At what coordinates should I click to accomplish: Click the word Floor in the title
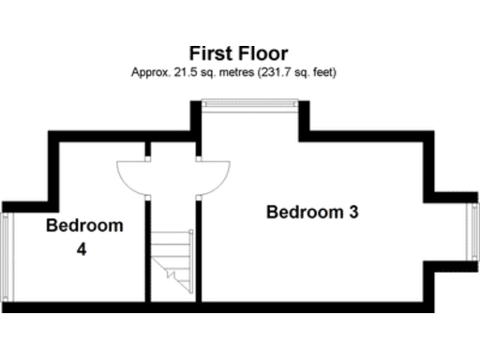tap(263, 53)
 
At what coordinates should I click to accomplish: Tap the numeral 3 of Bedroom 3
tap(353, 212)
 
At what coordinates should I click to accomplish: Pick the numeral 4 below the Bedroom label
tap(83, 250)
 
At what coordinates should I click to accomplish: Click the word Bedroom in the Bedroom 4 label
tap(84, 226)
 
